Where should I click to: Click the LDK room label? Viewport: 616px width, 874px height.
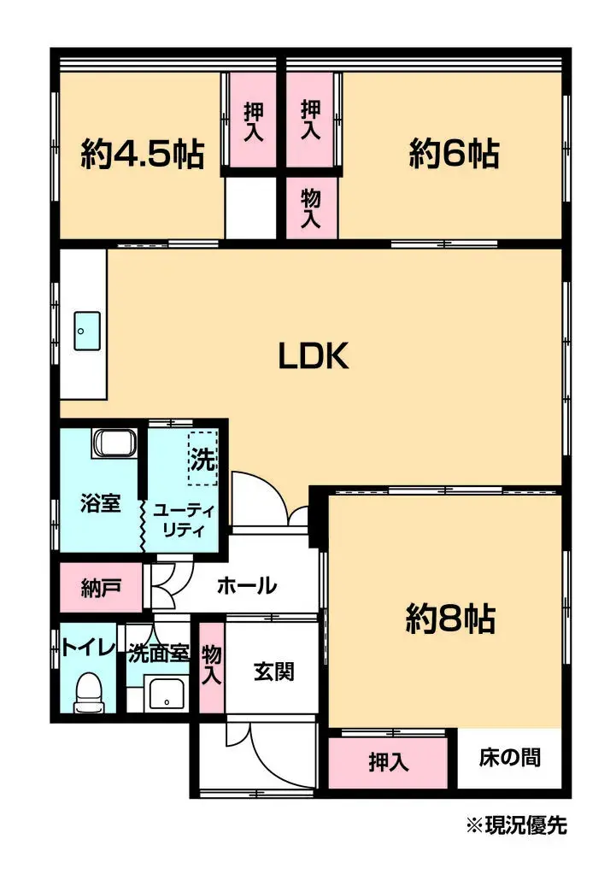click(314, 355)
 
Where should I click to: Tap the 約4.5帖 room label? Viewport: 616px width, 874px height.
click(143, 154)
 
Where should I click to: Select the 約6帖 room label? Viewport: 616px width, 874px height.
click(454, 153)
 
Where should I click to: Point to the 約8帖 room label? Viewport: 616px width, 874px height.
click(450, 619)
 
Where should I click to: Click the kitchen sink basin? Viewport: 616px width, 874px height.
click(87, 331)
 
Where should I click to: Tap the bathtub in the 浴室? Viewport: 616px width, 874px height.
click(114, 443)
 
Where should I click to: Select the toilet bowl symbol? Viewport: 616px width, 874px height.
click(89, 692)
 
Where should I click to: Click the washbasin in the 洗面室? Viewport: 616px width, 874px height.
click(166, 694)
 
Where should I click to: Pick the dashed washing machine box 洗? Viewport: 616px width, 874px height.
click(202, 459)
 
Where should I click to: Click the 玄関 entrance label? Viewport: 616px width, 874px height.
click(273, 672)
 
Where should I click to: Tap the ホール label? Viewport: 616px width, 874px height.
click(246, 586)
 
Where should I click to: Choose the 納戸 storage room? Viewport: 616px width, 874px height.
click(101, 588)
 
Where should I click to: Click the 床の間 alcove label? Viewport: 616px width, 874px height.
click(509, 758)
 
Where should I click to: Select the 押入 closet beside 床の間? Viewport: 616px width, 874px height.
click(388, 763)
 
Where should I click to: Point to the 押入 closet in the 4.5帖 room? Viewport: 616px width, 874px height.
click(254, 120)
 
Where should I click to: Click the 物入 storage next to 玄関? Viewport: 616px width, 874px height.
click(212, 666)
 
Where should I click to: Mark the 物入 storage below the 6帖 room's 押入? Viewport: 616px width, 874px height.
click(312, 208)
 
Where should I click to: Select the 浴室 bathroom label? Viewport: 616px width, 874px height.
click(100, 503)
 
